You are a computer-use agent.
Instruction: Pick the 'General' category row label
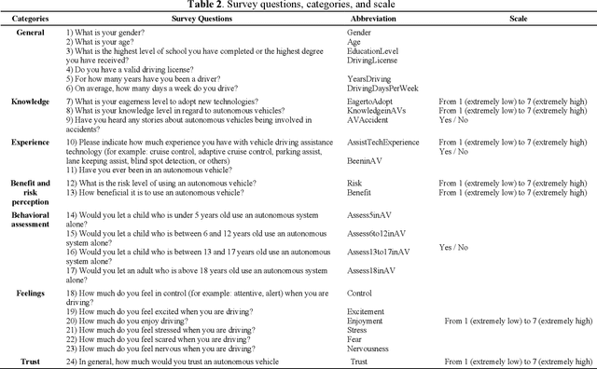[31, 32]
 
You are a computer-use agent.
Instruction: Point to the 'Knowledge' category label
[31, 101]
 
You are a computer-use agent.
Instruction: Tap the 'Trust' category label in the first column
[31, 361]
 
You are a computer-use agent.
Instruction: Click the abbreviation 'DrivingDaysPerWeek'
[381, 88]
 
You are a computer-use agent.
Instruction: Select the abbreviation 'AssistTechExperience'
[383, 143]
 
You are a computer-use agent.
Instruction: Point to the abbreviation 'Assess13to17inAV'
[378, 253]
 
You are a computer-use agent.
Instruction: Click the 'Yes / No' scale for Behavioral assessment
[454, 247]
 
